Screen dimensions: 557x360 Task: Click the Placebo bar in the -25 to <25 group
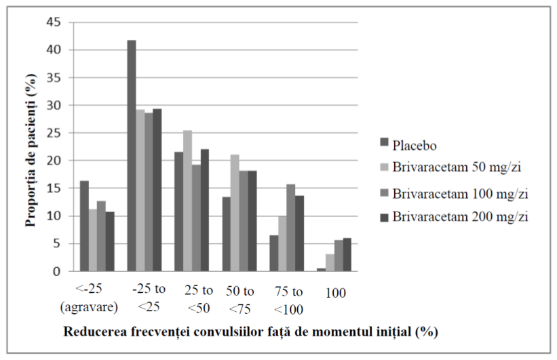click(132, 156)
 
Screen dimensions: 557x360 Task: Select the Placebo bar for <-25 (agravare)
click(85, 226)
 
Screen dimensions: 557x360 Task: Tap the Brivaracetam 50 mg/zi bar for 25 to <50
click(187, 201)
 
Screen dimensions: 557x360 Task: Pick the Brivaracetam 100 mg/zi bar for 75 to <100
click(291, 228)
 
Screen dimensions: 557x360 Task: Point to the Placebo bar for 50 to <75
click(227, 235)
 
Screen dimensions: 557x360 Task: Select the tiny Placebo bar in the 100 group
click(321, 270)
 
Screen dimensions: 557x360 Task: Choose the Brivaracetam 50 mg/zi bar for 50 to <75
click(235, 213)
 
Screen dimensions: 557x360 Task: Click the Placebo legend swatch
click(385, 142)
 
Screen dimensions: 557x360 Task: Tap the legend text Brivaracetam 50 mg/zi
click(457, 167)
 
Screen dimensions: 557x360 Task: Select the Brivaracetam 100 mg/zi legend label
click(460, 194)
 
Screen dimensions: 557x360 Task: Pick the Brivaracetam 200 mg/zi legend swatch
click(385, 217)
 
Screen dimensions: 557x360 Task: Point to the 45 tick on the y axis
click(54, 22)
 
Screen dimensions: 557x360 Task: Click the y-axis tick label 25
click(54, 133)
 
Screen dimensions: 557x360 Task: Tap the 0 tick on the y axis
click(57, 272)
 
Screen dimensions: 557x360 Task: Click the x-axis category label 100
click(335, 293)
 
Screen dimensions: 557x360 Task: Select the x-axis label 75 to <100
click(288, 300)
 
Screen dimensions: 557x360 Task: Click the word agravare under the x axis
click(89, 306)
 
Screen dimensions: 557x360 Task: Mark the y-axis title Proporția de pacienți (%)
click(31, 151)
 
